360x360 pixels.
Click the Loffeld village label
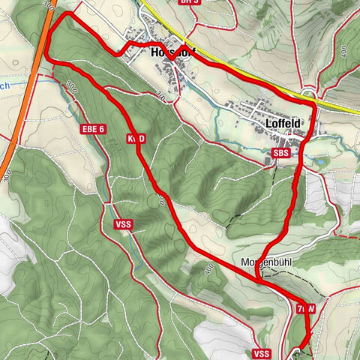tap(283, 123)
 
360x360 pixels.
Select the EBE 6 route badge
tap(94, 130)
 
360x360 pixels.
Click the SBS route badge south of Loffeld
tap(280, 153)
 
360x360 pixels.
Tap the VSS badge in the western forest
tap(124, 224)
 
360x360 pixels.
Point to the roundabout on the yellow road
tap(308, 93)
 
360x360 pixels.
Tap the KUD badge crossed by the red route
tap(136, 139)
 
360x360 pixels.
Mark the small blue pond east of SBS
tap(320, 160)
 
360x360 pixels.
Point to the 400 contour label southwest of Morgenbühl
tap(207, 268)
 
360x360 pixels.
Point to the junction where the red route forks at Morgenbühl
tap(258, 277)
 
